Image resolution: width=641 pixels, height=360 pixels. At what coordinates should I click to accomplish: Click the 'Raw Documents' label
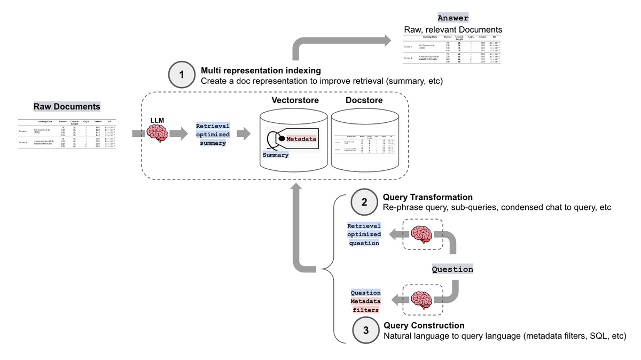67,106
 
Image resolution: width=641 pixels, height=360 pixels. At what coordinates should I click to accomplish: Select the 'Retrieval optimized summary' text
213,135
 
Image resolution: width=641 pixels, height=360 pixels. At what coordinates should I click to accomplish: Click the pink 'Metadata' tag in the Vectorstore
301,139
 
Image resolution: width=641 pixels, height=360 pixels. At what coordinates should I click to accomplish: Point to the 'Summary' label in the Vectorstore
276,155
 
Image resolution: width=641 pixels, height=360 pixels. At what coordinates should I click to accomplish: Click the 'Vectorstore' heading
294,100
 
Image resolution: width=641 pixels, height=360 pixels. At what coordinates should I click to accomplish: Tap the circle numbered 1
182,75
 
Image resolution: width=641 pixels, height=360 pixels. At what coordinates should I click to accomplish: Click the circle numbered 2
364,202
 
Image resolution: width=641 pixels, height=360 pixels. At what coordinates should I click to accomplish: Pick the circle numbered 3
365,331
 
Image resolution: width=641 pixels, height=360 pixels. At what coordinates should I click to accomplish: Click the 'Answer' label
453,18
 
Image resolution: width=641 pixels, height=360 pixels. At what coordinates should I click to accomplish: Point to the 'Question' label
452,269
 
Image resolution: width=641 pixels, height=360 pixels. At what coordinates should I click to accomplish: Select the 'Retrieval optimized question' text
364,234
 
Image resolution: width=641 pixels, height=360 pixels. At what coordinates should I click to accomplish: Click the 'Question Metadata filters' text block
365,301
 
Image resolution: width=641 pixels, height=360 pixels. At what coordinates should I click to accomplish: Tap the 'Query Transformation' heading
427,198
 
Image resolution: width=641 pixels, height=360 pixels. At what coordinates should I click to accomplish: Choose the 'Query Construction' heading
424,325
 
